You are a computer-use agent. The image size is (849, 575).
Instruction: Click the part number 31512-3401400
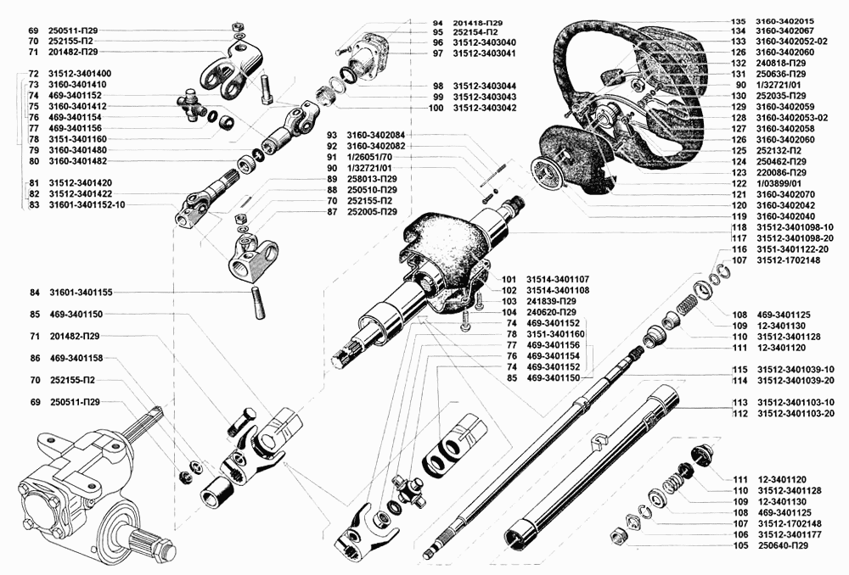[x=80, y=74]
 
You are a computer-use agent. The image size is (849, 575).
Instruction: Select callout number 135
[x=739, y=22]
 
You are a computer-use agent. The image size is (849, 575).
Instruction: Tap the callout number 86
[x=35, y=358]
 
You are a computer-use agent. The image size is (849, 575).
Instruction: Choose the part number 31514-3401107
[x=558, y=280]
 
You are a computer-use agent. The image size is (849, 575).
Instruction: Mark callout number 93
[x=332, y=135]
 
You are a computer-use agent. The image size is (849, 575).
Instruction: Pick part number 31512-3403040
[x=484, y=42]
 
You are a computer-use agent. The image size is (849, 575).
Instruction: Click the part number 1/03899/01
[x=778, y=183]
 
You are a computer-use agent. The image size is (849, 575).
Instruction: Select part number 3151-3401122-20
[x=792, y=249]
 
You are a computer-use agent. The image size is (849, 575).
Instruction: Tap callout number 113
[x=739, y=403]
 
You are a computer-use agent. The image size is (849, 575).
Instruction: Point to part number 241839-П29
[x=551, y=301]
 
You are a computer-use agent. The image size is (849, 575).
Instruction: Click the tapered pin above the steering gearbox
[x=258, y=304]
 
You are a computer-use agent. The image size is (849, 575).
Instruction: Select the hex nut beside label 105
[x=618, y=537]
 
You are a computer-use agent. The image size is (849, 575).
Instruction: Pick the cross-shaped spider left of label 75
[x=192, y=105]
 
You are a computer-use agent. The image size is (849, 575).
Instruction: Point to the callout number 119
[x=739, y=216]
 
